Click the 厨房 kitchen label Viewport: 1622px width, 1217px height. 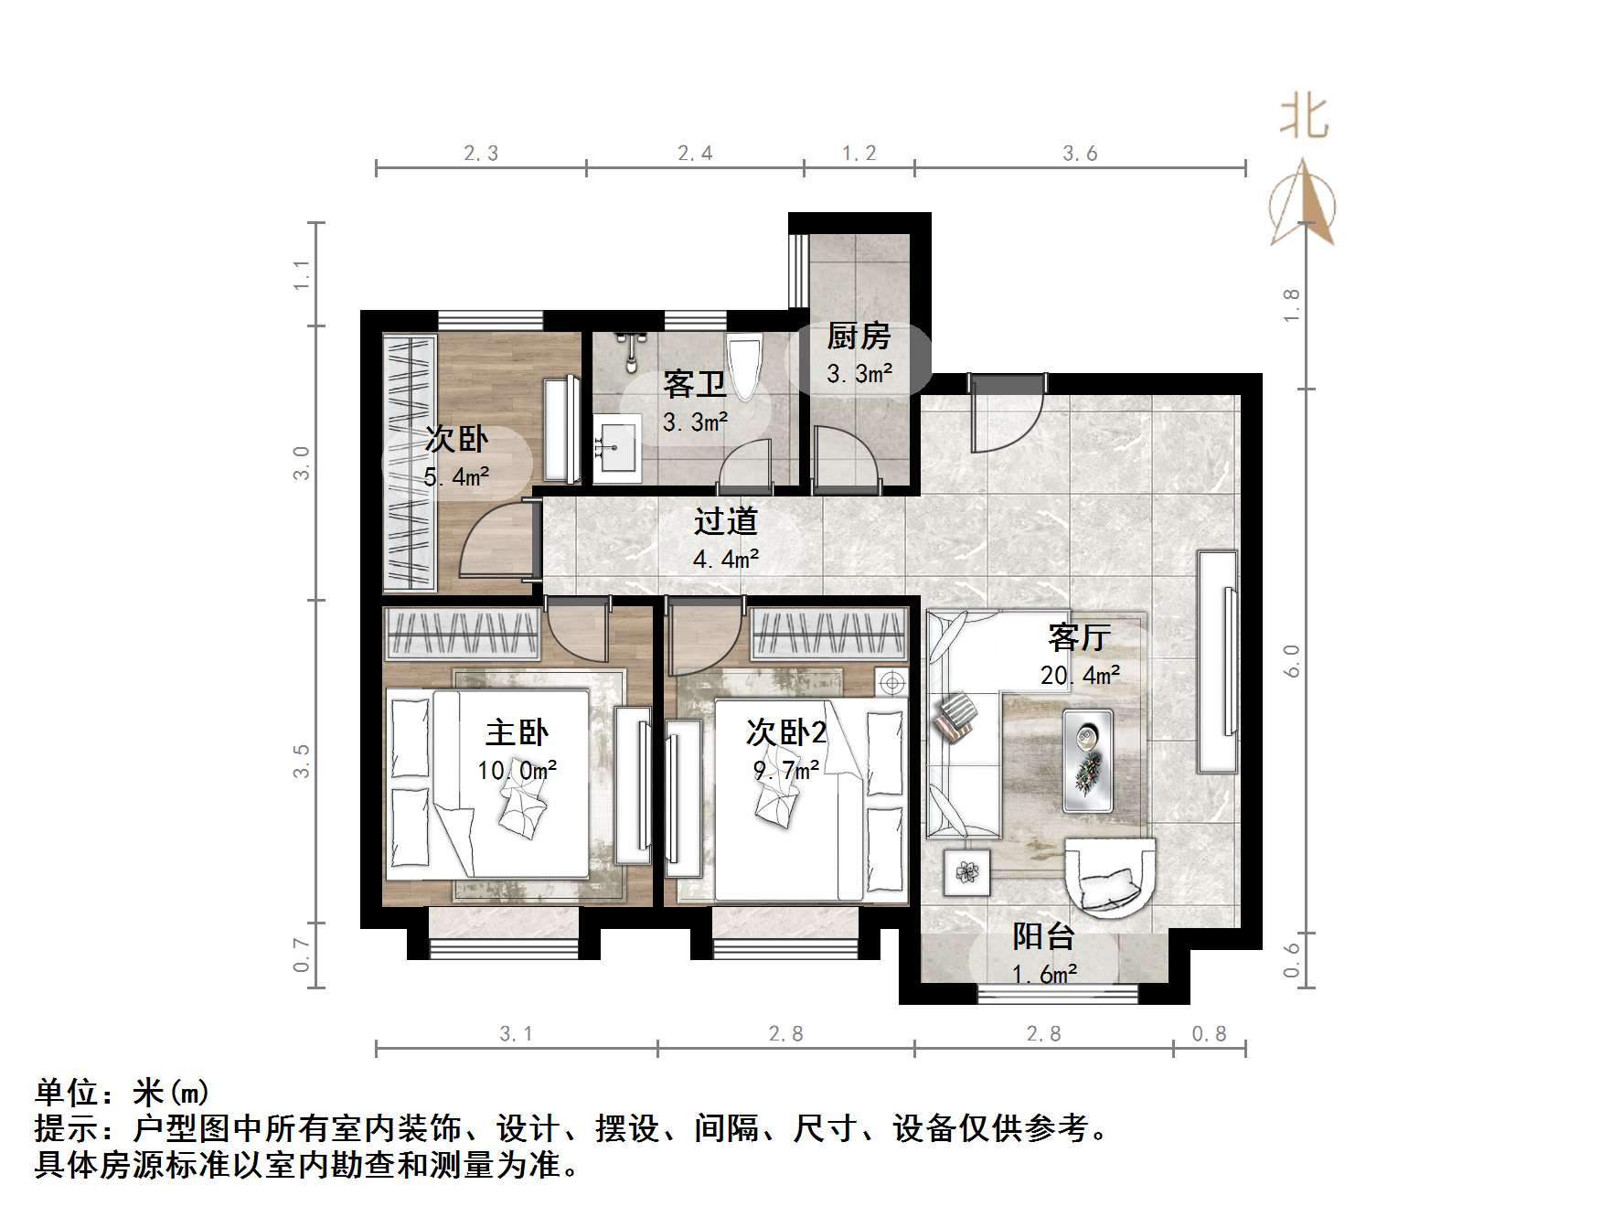[858, 336]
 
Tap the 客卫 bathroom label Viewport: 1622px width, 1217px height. [695, 384]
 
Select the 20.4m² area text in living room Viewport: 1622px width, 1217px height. [1080, 675]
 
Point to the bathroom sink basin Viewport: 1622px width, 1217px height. [618, 448]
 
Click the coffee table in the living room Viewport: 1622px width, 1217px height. [1087, 760]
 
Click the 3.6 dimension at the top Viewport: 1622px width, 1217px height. [1080, 154]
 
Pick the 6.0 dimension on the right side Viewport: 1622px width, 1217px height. [1291, 660]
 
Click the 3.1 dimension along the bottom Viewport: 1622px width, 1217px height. [516, 1034]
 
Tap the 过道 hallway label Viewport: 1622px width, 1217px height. [725, 521]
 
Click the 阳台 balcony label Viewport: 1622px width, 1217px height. [1042, 936]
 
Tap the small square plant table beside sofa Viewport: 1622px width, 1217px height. [966, 871]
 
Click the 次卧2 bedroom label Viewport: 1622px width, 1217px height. [785, 731]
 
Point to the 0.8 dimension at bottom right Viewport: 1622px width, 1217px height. [1209, 1034]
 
